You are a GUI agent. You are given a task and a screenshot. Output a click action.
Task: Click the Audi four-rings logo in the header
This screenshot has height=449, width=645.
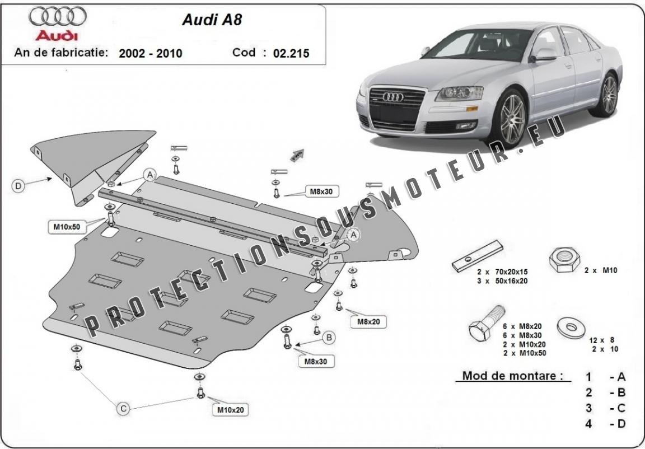pos(58,16)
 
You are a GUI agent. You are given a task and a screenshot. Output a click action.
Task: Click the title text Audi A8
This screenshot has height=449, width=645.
pos(212,20)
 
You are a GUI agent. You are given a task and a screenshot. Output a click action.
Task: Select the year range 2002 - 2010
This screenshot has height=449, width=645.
pos(150,53)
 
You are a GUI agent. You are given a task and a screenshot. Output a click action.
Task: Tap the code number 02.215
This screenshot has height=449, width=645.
pos(291,53)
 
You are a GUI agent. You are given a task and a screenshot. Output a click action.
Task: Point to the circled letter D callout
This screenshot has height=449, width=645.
pos(18,186)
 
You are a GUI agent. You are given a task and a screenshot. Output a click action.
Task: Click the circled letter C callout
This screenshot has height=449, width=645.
pos(123,408)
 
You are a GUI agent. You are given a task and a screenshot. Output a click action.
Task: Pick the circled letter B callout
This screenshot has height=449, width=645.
pos(329,338)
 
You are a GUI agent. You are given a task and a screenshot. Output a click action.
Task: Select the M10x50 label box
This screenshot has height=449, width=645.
pos(67,227)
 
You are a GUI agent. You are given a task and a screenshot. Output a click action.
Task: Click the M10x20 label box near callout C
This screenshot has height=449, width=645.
pos(230,409)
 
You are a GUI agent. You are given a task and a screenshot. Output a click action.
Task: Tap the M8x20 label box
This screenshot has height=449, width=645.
pos(368,321)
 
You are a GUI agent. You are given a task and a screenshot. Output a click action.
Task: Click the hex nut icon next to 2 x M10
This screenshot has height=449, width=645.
pos(564,259)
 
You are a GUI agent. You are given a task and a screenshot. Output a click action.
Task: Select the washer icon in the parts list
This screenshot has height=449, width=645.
pos(571,328)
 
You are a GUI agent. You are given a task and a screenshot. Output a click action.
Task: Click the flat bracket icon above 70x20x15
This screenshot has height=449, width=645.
pos(477,256)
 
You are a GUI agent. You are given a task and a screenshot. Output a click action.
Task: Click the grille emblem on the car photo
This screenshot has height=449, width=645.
pos(393,97)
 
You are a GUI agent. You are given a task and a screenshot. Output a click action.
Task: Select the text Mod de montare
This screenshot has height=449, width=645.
pos(512,376)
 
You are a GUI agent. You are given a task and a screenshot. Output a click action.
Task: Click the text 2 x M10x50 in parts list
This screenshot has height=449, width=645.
pos(524,353)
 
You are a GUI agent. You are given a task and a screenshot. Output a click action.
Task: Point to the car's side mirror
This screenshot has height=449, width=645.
pos(544,55)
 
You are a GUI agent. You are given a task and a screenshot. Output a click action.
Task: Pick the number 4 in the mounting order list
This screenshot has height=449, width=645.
pos(588,423)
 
